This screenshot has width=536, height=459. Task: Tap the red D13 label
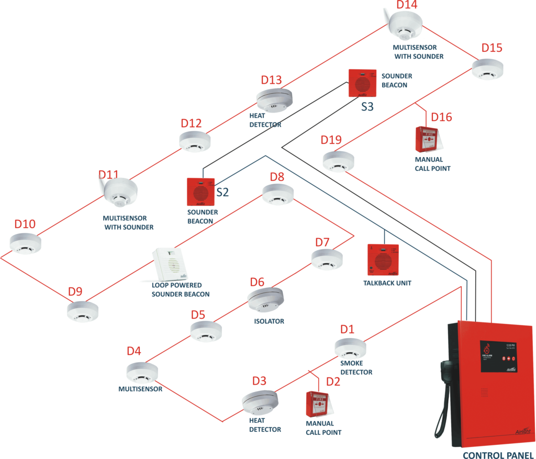pos(271,80)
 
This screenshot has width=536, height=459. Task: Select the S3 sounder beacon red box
pos(363,83)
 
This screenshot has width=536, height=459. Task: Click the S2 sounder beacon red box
pos(201,192)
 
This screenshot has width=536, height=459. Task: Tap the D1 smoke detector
pos(351,348)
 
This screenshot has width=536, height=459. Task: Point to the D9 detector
pos(83,310)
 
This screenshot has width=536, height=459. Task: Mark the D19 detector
pos(338,161)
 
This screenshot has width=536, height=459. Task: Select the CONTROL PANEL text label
pos(497,455)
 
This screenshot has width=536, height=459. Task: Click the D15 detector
pos(487,69)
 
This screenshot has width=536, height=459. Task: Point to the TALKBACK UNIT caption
pos(387,283)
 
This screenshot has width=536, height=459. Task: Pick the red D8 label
pos(277,176)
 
